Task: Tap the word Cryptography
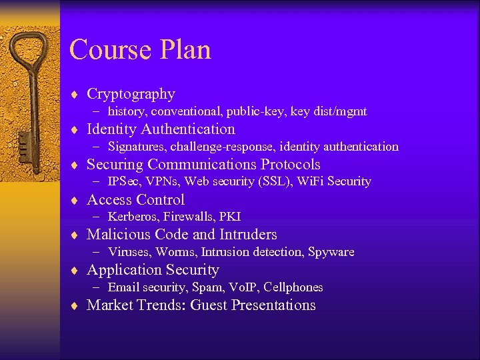point(131,94)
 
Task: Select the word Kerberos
point(132,217)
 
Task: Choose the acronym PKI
point(230,217)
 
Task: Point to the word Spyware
point(332,252)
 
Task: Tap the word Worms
point(177,252)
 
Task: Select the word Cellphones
point(293,287)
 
